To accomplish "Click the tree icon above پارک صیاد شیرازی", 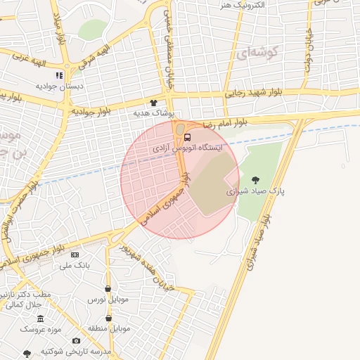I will tap(255, 180).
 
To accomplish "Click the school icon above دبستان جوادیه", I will tap(60, 75).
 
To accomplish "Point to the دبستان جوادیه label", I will tap(60, 86).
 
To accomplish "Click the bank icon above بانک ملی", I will tap(75, 255).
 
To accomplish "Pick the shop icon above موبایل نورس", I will tap(108, 288).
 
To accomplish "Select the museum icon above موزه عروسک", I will tap(41, 319).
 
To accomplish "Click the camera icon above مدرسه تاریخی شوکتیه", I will tap(76, 341).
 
